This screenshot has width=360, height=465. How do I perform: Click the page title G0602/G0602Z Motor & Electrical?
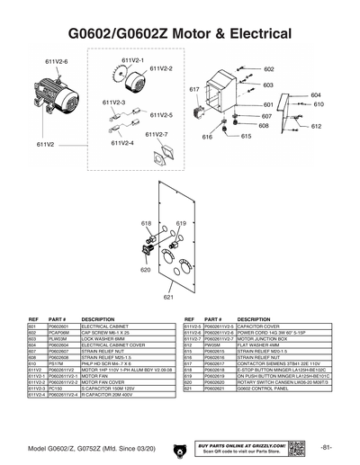tap(180, 32)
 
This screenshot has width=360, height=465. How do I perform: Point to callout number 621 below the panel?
tap(168, 296)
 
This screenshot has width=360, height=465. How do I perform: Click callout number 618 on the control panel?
tap(147, 221)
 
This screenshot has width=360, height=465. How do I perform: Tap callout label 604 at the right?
tap(316, 94)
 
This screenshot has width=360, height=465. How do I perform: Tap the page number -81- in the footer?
tap(328, 447)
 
